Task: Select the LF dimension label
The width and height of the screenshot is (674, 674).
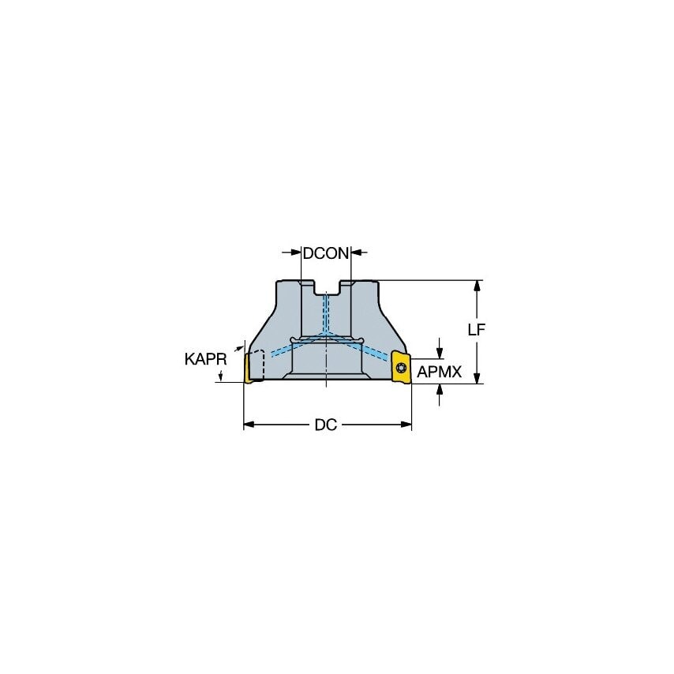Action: tap(475, 331)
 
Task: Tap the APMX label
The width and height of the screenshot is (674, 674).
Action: tap(439, 372)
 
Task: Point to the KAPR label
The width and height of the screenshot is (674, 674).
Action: tap(206, 359)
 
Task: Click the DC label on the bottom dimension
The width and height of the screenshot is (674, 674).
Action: tap(325, 425)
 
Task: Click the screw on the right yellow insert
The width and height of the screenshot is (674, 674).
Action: tap(399, 367)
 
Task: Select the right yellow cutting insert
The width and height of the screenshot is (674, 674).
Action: tap(401, 369)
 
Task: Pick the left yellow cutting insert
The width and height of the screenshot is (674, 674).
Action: tap(253, 369)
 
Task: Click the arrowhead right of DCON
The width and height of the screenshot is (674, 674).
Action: tap(356, 253)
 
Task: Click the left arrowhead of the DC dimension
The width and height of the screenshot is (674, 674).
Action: tap(248, 425)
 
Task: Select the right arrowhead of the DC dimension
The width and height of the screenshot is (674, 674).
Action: tap(406, 425)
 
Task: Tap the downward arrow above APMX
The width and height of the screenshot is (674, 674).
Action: tap(440, 352)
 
